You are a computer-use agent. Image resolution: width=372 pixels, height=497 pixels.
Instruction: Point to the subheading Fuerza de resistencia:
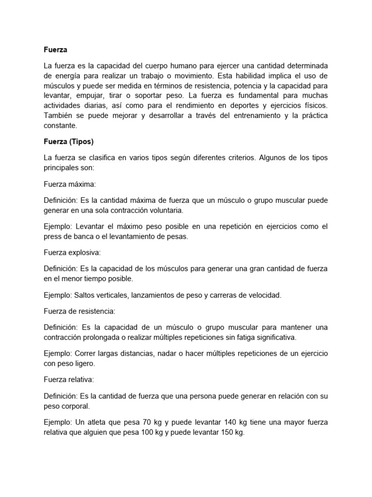[79, 310]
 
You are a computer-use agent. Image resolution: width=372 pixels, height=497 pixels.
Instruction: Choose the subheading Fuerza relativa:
[67, 379]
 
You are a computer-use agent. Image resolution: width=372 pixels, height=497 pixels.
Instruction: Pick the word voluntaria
[161, 211]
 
